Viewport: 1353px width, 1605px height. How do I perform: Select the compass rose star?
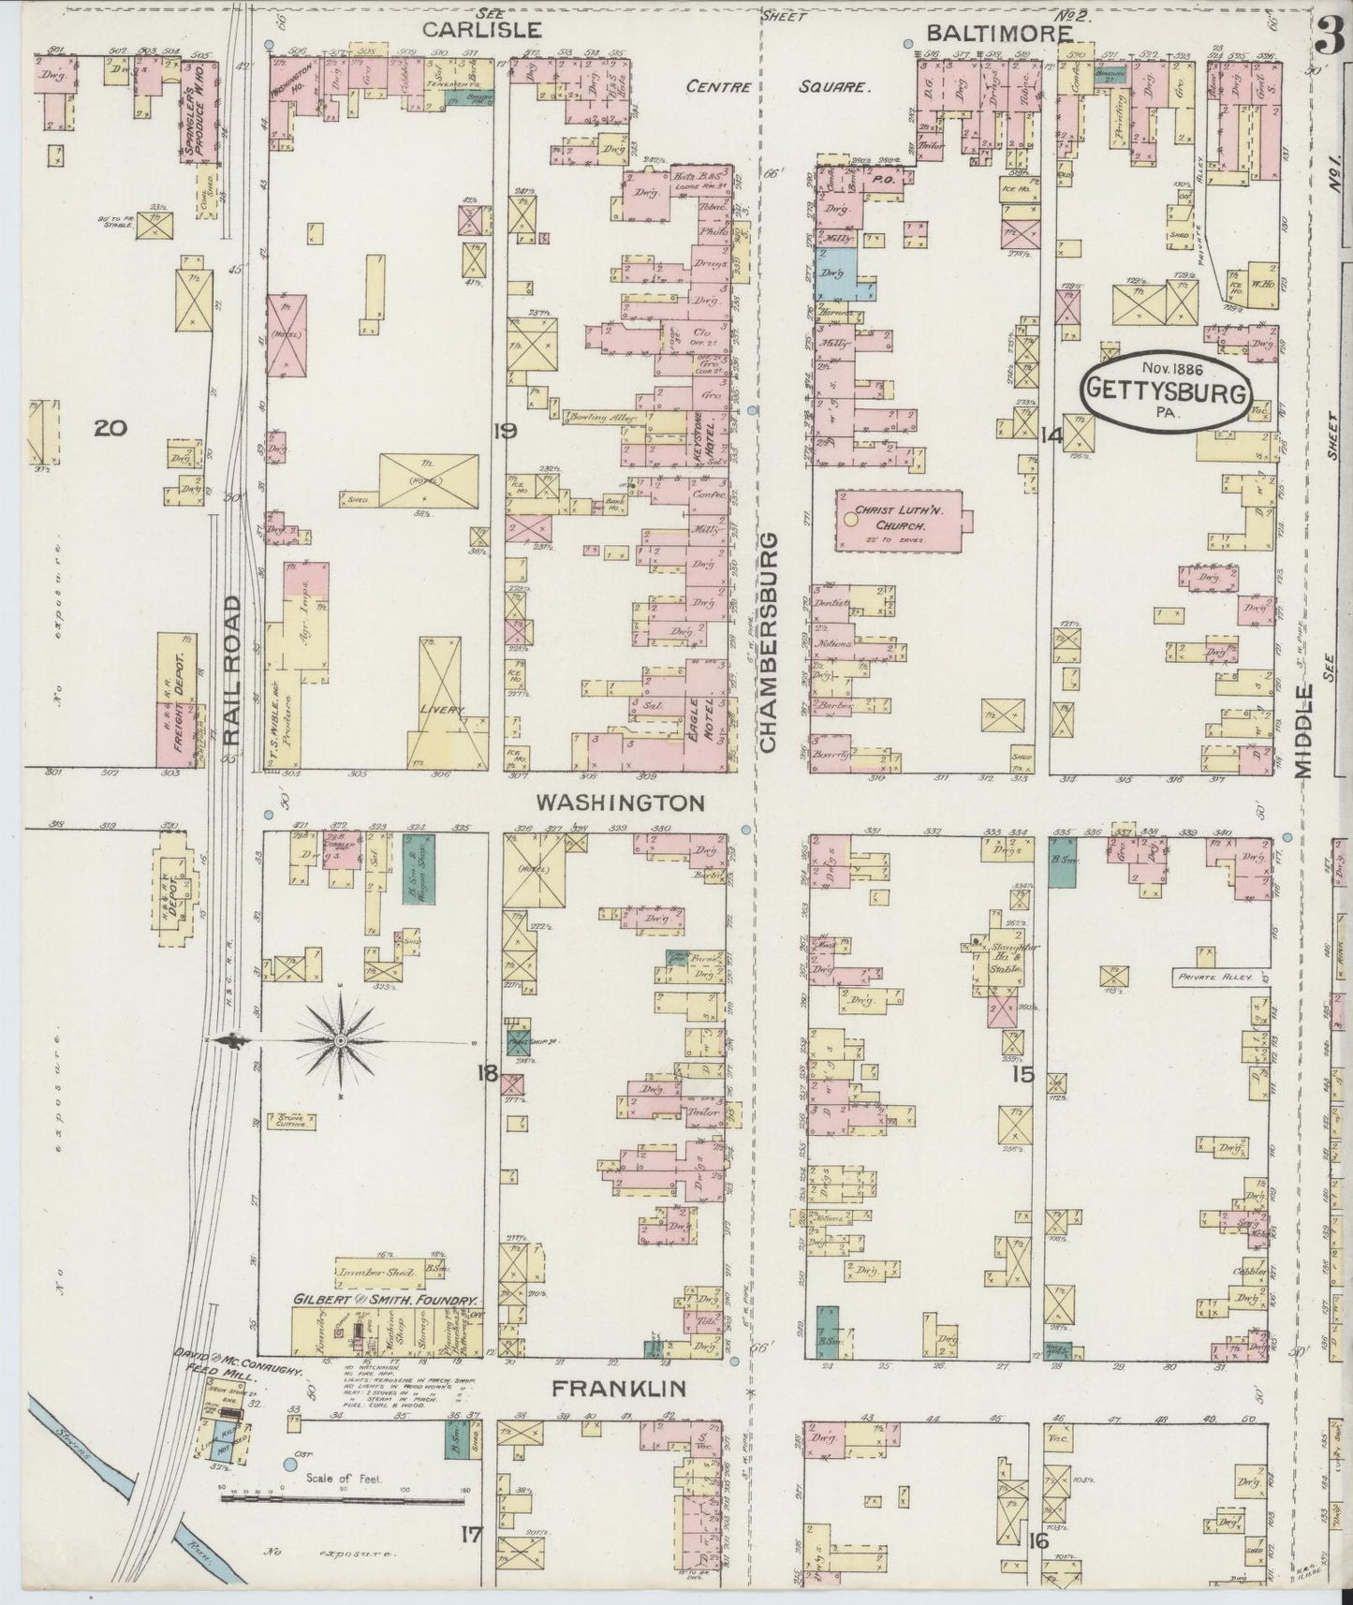pyautogui.click(x=341, y=1040)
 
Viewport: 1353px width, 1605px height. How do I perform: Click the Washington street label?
pyautogui.click(x=619, y=802)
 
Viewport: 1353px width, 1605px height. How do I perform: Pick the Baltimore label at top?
pyautogui.click(x=998, y=33)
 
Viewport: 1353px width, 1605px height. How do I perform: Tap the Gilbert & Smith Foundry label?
pyautogui.click(x=386, y=1301)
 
